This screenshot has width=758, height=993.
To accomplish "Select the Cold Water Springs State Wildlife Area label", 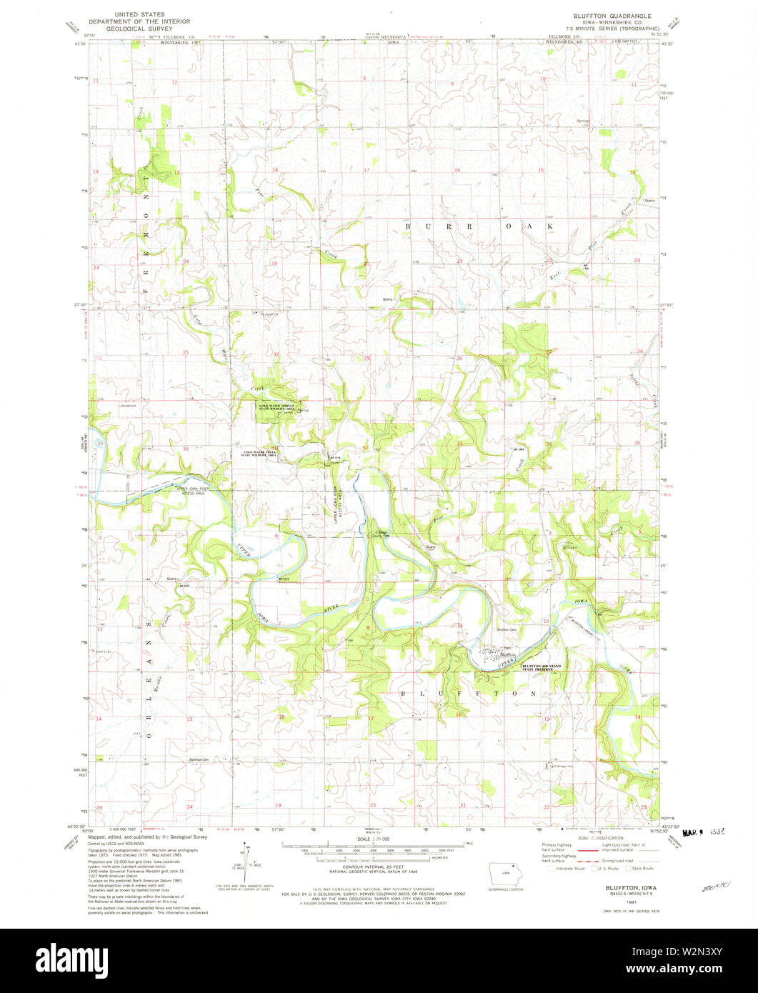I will pyautogui.click(x=276, y=407).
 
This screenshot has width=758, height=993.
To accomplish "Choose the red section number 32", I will pyautogui.click(x=365, y=448).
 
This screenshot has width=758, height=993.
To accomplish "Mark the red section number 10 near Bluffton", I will pyautogui.click(x=546, y=622).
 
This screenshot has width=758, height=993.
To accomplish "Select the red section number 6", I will pyautogui.click(x=276, y=535).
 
